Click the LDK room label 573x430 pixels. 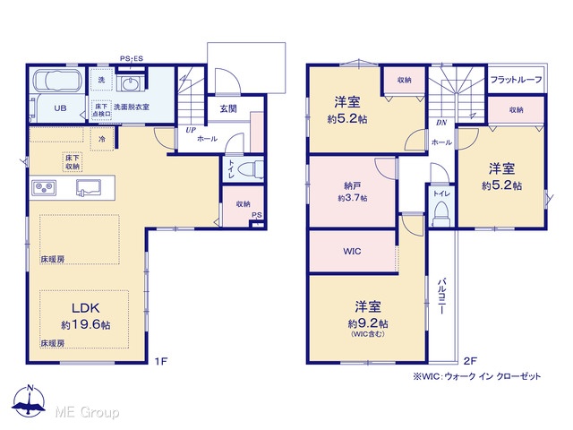[x=86, y=308]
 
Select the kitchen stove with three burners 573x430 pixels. [x=44, y=188]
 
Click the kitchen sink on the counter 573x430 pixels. [x=89, y=187]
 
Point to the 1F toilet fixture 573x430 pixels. [x=250, y=169]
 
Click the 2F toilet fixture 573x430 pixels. [x=440, y=214]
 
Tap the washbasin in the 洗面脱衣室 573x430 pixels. [x=129, y=84]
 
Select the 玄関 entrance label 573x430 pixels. [x=228, y=108]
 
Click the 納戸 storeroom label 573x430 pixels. [x=352, y=186]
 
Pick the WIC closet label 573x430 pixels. [x=352, y=251]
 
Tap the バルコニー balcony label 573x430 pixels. [x=441, y=297]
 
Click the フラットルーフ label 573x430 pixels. [x=516, y=80]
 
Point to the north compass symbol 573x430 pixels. [x=29, y=400]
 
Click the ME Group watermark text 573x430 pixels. [x=87, y=412]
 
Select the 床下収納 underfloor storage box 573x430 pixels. [x=73, y=162]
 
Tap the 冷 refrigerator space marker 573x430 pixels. [x=102, y=139]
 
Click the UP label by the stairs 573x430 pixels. [x=191, y=130]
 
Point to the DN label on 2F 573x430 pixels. [x=441, y=123]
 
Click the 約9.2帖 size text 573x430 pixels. [x=368, y=323]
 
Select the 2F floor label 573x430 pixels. [x=470, y=361]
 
